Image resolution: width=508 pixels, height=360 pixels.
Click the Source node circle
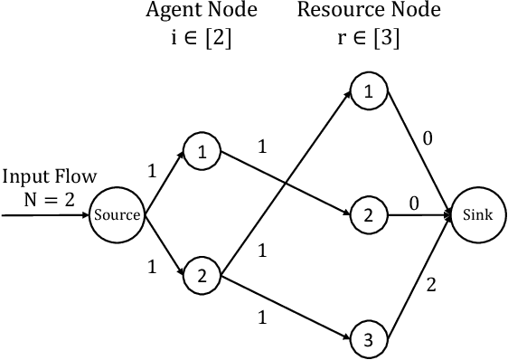click(x=118, y=215)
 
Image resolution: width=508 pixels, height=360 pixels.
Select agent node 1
click(x=202, y=153)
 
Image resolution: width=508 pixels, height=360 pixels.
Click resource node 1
click(x=367, y=91)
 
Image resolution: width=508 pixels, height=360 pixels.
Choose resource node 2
click(x=367, y=215)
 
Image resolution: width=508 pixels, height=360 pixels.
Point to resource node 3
click(x=367, y=340)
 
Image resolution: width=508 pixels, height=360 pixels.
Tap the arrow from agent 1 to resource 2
click(x=285, y=184)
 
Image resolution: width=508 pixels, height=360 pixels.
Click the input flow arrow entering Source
click(x=45, y=216)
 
